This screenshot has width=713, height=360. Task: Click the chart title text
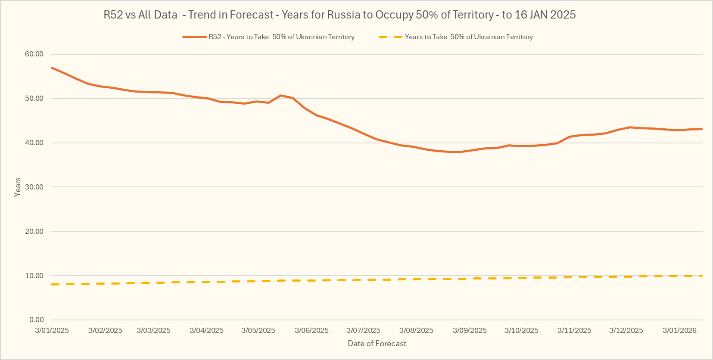pyautogui.click(x=339, y=15)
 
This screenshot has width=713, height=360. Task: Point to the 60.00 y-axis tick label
pyautogui.click(x=34, y=54)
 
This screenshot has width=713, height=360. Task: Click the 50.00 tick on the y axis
pyautogui.click(x=34, y=99)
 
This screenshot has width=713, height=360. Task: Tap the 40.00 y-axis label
pyautogui.click(x=34, y=143)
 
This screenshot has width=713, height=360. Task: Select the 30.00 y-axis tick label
pyautogui.click(x=34, y=187)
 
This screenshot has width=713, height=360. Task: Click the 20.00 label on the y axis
pyautogui.click(x=34, y=232)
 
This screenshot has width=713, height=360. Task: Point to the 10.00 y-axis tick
pyautogui.click(x=34, y=276)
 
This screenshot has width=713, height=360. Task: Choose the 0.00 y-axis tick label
pyautogui.click(x=37, y=320)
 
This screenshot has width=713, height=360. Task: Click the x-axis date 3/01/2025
pyautogui.click(x=52, y=331)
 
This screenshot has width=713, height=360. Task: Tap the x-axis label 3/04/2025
pyautogui.click(x=206, y=331)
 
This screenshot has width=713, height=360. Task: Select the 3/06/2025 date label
pyautogui.click(x=311, y=331)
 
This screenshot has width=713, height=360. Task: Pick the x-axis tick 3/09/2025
pyautogui.click(x=470, y=331)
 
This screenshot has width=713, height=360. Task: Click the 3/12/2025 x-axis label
pyautogui.click(x=626, y=331)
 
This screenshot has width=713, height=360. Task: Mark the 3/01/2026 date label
pyautogui.click(x=679, y=331)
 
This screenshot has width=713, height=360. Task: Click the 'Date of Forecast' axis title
pyautogui.click(x=377, y=344)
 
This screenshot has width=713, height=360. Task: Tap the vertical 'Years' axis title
pyautogui.click(x=18, y=187)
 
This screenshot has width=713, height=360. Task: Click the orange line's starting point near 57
pyautogui.click(x=52, y=68)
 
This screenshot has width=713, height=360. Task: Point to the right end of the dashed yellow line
pyautogui.click(x=702, y=276)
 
